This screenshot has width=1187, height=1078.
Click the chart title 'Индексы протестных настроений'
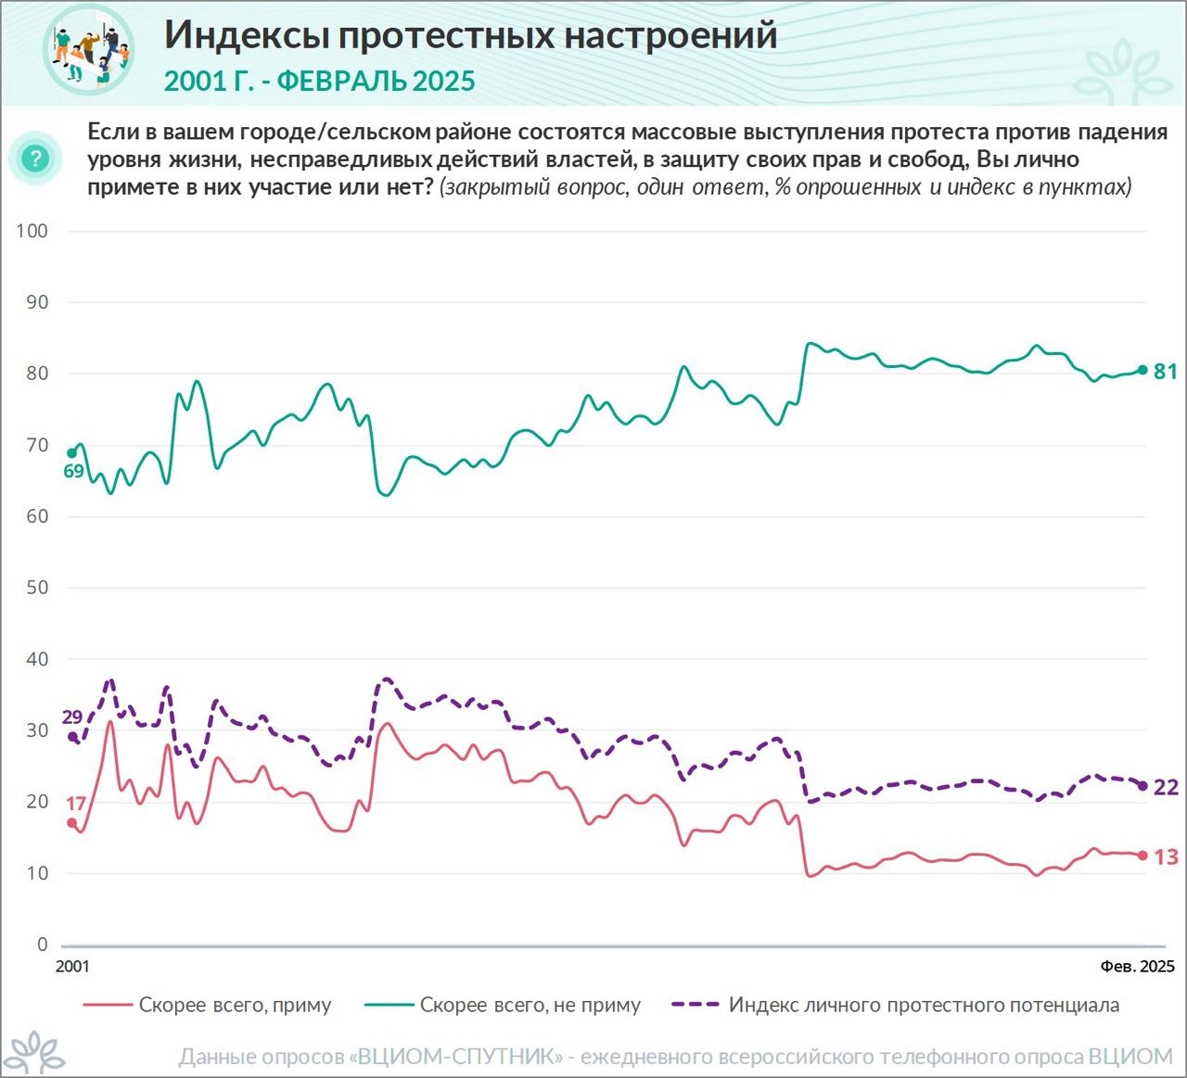click(470, 35)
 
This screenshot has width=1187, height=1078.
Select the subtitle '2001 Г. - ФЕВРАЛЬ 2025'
click(319, 82)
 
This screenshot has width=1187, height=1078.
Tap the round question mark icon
click(35, 159)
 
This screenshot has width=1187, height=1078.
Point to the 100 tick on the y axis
click(32, 231)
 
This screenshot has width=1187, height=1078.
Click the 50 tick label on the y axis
click(36, 588)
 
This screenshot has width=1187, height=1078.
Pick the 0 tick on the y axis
click(42, 945)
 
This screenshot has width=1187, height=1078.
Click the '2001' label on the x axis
click(72, 967)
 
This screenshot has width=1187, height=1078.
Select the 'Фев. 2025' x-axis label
click(1137, 967)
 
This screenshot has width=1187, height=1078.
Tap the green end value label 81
click(1166, 372)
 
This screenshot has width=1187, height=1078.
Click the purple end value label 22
click(1166, 787)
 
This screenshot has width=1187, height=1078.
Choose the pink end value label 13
click(1166, 856)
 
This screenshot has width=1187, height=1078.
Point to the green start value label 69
click(74, 471)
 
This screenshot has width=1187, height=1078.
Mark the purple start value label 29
click(72, 717)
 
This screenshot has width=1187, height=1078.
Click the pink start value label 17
click(75, 803)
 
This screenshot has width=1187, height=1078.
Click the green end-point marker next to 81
click(1142, 370)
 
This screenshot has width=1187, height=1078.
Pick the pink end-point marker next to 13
click(1142, 856)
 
